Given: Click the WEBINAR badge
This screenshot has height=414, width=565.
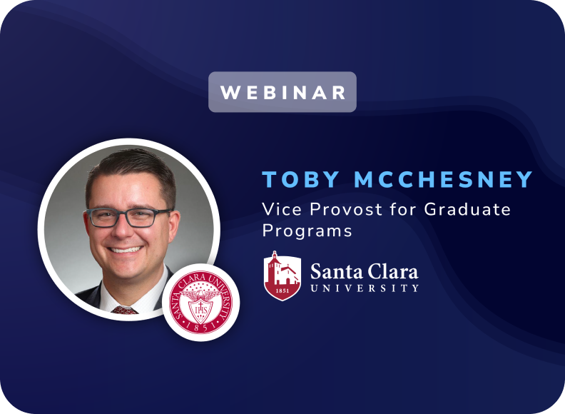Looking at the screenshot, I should point(282,92).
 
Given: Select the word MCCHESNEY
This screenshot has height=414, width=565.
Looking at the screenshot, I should point(444,180).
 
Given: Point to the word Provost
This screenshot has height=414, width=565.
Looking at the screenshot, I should point(335,210).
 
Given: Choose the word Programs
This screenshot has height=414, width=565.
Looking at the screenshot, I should point(307,231).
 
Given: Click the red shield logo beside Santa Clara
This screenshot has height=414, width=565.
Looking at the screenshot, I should point(282,275).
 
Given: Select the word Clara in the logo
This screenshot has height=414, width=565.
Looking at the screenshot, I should point(391,271).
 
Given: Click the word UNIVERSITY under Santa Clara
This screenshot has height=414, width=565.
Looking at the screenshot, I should point(365,288).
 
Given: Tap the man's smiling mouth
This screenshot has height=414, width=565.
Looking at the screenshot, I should point(126,250).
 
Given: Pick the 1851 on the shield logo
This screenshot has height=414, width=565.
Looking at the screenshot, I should point(282,291).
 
